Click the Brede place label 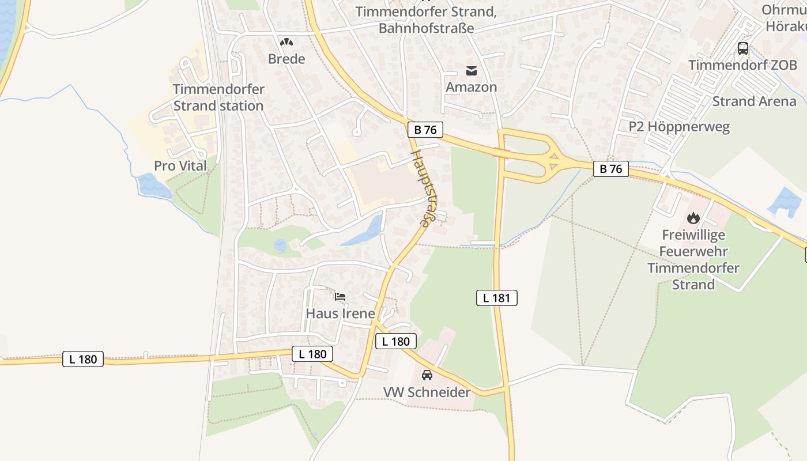pos(286,59)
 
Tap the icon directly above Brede pos(286,42)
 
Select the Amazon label pos(471,87)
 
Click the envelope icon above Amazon pos(472,71)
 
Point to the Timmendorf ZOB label pos(742,65)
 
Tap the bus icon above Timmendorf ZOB pos(743,48)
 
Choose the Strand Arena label pos(754,101)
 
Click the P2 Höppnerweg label pos(679,127)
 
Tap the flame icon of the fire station pos(693,218)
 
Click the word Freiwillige pos(693,235)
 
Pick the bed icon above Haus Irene pos(340,297)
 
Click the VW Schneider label pos(427,392)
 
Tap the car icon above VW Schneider pos(427,375)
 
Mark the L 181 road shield pos(497,298)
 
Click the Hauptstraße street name pos(423,189)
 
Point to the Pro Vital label pos(180,166)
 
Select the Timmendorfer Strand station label pos(218,97)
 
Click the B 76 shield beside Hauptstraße pos(425,130)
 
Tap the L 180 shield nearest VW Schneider pos(396,341)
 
